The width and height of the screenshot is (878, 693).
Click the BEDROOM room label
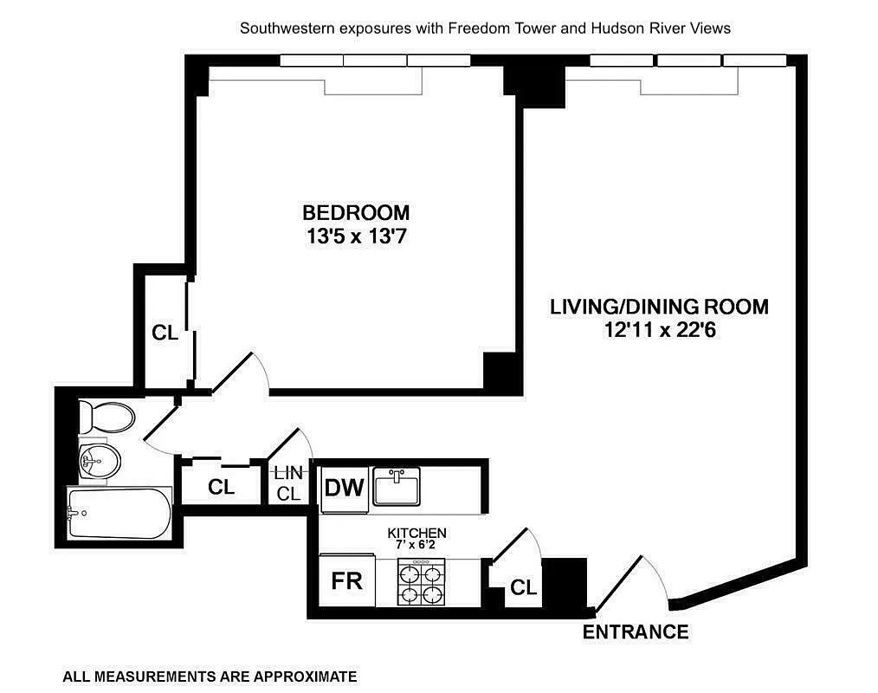(355, 211)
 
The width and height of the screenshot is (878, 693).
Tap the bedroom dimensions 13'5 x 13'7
(355, 236)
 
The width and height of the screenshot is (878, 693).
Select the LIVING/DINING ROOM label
(660, 307)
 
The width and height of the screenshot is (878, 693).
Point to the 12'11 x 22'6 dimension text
(660, 330)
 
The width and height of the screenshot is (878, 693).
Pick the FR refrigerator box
(346, 580)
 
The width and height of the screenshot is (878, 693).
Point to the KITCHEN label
(416, 533)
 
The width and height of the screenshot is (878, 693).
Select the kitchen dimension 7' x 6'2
(416, 545)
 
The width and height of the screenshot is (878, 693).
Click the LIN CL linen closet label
(287, 484)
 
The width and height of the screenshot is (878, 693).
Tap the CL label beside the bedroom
(165, 333)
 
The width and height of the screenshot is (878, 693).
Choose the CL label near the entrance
(523, 588)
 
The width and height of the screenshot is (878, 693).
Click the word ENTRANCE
(635, 631)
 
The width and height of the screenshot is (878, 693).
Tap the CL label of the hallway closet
(221, 488)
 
